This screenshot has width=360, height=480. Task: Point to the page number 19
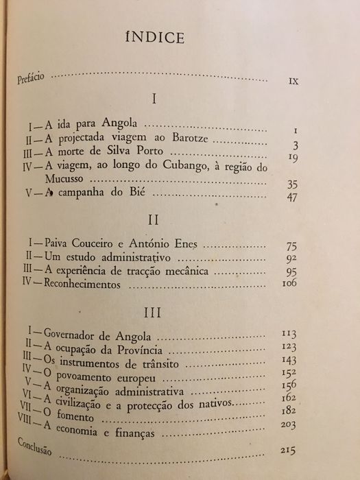(291, 157)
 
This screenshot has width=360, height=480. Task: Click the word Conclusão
(34, 444)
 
